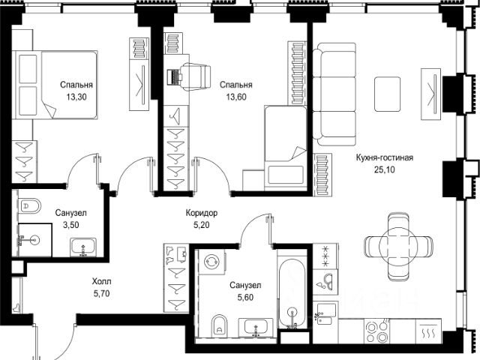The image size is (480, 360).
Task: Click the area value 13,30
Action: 76,97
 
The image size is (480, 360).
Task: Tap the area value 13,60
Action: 236,97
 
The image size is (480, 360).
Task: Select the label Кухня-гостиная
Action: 385,157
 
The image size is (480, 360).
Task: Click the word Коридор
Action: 202,213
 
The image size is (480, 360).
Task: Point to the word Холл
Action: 102,281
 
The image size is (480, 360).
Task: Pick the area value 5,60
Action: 245,297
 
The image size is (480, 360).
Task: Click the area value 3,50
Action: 70,225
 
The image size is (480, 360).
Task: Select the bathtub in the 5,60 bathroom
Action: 292,293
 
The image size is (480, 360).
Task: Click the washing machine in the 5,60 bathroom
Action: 211,262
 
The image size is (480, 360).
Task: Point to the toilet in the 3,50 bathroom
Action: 29,205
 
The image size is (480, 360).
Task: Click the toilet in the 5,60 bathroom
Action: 220,325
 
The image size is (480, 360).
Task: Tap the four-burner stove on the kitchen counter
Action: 377,331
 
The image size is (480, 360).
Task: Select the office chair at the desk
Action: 195,76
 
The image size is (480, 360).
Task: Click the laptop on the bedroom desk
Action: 173,77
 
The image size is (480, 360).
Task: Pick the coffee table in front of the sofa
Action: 388,94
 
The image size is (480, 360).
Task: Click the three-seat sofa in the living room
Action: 334,94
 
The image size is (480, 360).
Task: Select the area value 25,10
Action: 385,169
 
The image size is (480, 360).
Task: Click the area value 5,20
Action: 202,225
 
